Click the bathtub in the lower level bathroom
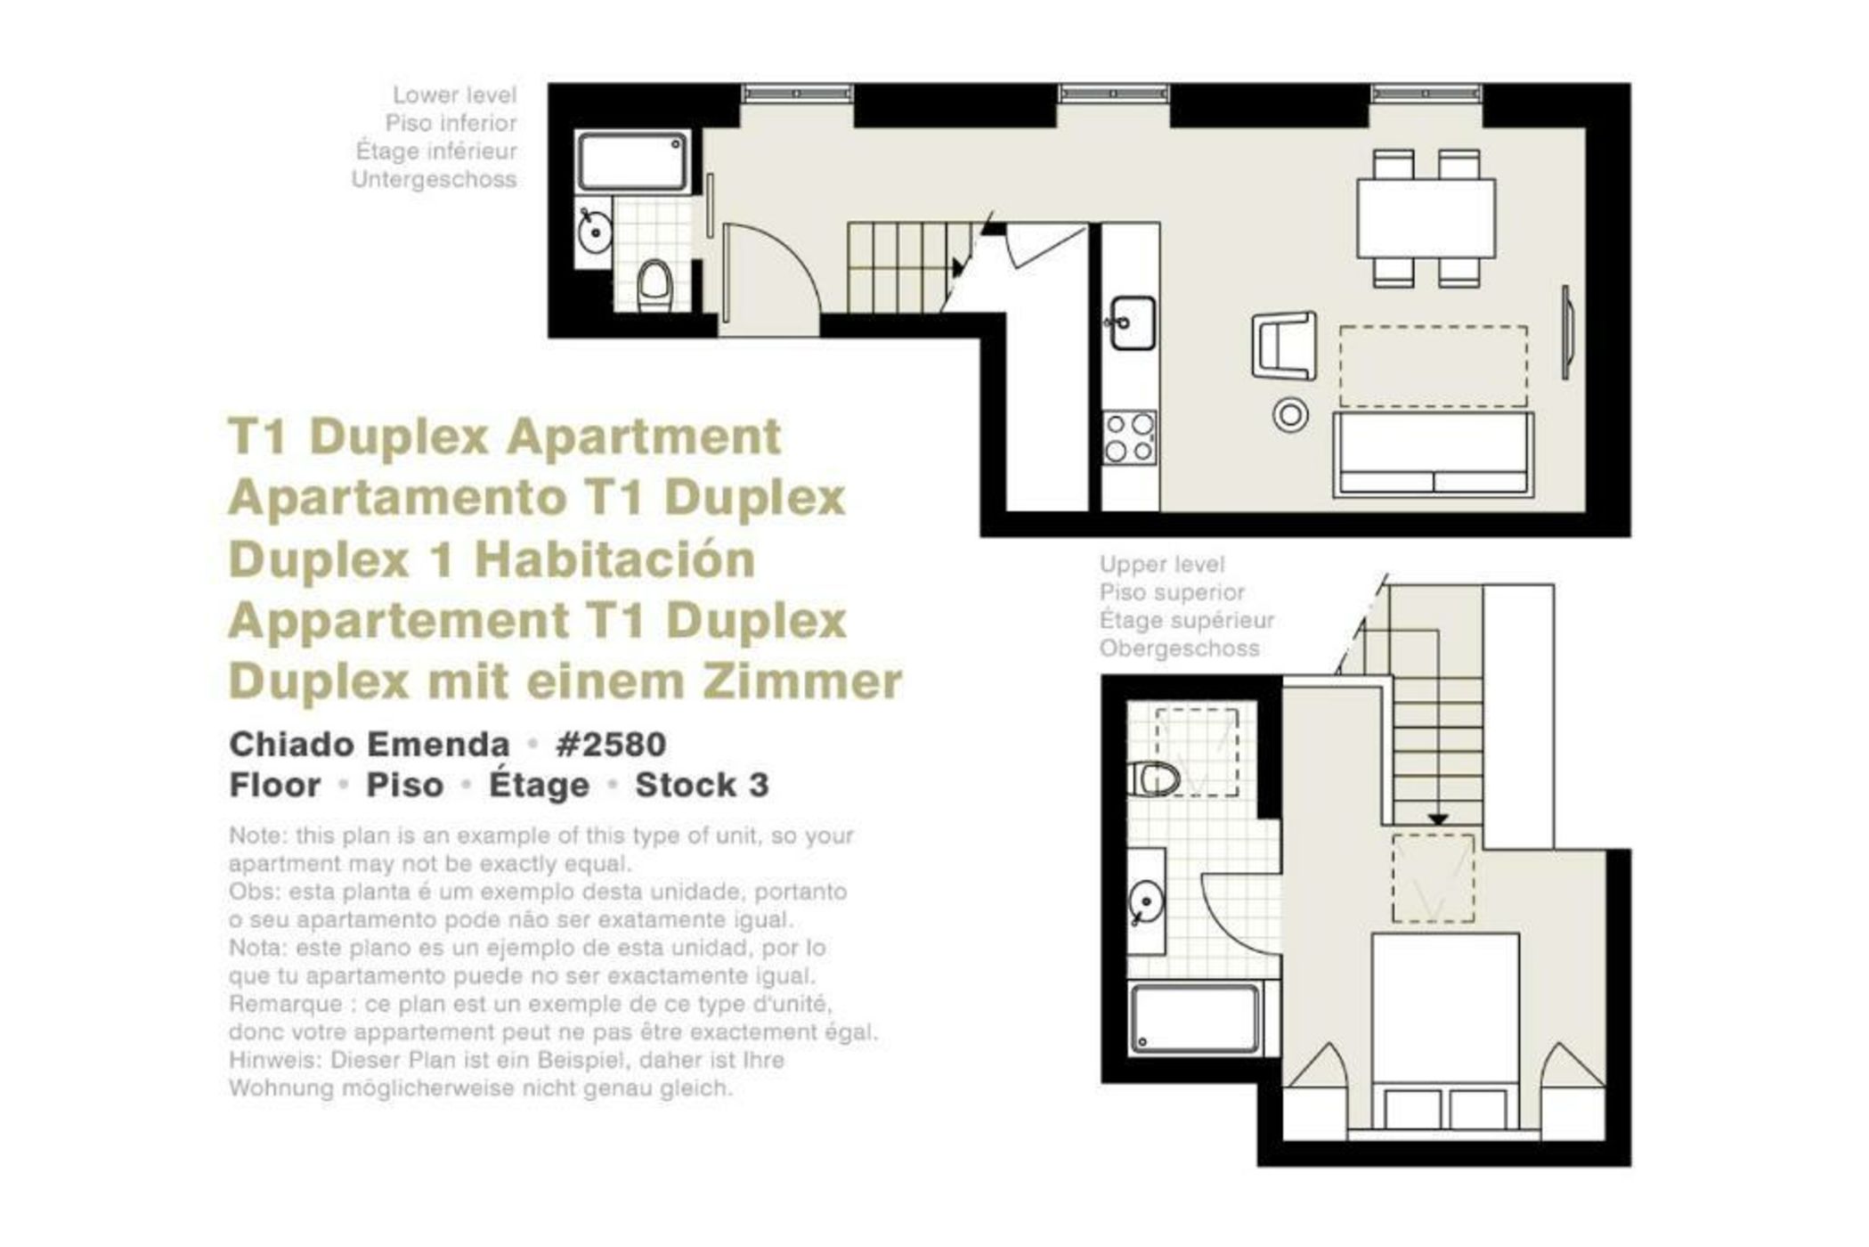633,161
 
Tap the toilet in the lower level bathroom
655,285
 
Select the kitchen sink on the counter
1132,322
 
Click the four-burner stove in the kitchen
1130,437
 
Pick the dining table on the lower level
1426,218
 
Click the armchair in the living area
1285,345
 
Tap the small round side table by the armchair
1290,414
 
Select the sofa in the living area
1433,454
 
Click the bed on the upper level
1444,1033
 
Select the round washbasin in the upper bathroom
1146,903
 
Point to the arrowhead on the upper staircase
1438,819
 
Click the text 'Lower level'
455,94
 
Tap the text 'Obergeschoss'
1180,648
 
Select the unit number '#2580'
611,744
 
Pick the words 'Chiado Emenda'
370,744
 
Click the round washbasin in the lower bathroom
594,232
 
